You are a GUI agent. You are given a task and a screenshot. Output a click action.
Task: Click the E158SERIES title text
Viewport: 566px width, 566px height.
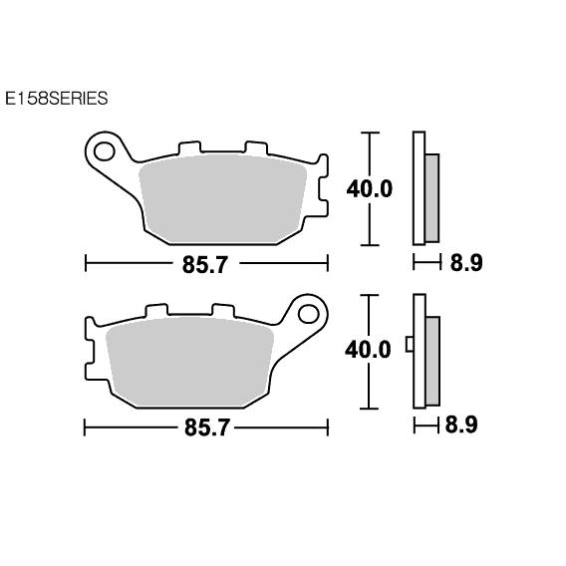57,99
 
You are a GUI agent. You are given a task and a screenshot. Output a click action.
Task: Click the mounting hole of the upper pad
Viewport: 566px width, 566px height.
105,151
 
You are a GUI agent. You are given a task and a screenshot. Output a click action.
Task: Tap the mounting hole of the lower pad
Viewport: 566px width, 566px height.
309,314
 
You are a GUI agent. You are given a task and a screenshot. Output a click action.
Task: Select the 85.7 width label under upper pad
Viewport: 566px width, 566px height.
205,265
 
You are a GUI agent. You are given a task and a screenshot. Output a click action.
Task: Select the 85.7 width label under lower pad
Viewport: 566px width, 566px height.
207,427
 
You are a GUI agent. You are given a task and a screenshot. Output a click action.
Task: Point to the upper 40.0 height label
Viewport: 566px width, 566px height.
370,188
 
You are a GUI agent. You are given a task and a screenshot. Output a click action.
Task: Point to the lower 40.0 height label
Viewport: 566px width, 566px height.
368,350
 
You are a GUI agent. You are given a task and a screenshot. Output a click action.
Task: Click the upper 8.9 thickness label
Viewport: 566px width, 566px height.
466,262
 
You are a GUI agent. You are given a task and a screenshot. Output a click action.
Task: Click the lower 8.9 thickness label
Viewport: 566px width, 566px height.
461,424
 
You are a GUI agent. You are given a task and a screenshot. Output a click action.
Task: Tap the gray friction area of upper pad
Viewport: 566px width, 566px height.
223,199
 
